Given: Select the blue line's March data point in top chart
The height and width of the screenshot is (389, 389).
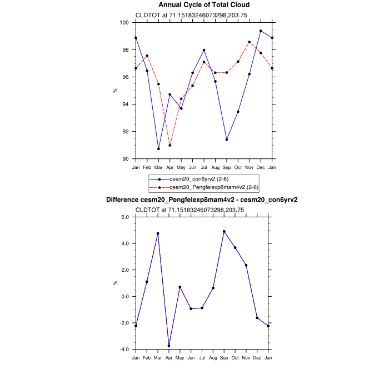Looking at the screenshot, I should tap(158, 149).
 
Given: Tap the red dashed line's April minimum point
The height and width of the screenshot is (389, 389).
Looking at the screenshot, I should tap(169, 145).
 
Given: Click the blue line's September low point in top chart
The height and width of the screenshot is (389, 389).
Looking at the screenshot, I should tap(226, 139).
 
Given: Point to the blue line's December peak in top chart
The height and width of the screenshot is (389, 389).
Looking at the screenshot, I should tap(261, 31).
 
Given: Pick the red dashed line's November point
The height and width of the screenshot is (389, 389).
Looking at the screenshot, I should tap(249, 42).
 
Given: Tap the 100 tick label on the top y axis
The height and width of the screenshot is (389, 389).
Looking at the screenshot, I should tap(126, 23).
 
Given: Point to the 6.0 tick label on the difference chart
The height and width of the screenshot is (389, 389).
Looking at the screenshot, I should tap(126, 217).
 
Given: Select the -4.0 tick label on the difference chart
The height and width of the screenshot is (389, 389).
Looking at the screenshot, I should tap(125, 350).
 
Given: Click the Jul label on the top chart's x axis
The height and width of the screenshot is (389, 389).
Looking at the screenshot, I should tap(203, 167).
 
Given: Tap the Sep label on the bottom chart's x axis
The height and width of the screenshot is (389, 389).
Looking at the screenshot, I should tap(224, 358).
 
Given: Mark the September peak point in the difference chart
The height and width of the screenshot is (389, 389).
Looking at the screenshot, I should tap(224, 231).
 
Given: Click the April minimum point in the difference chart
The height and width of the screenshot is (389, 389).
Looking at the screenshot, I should tap(169, 346).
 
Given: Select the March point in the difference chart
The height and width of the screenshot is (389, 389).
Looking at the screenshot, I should tap(158, 233).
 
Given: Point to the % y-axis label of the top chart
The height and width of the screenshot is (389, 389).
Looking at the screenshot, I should tap(116, 90).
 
